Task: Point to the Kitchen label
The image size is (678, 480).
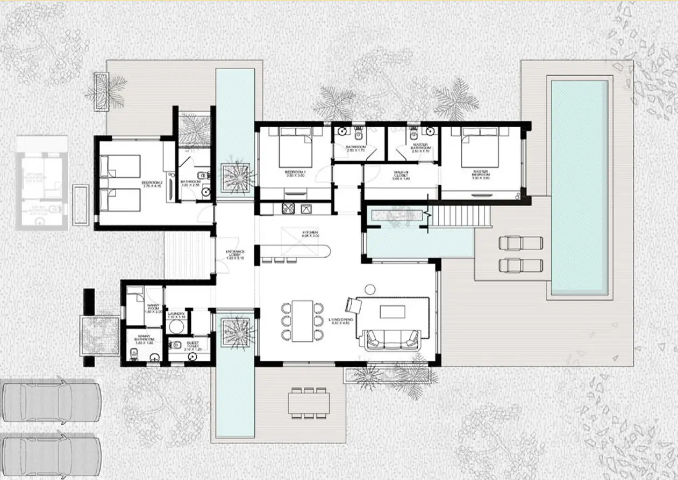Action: (310, 234)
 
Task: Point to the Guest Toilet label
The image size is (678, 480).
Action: (192, 346)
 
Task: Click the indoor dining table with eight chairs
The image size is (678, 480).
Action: (303, 321)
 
